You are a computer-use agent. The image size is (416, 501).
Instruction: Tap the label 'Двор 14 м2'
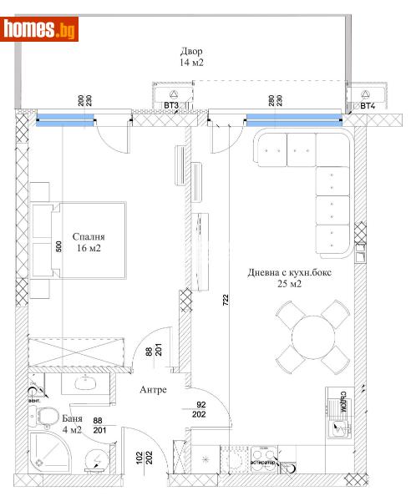click(185, 57)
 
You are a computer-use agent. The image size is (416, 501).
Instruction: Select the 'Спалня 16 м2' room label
click(88, 242)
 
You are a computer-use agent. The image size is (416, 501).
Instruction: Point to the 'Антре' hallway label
click(153, 389)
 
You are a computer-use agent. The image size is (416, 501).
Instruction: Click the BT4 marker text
click(367, 106)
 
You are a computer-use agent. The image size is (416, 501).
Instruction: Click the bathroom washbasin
click(84, 383)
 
